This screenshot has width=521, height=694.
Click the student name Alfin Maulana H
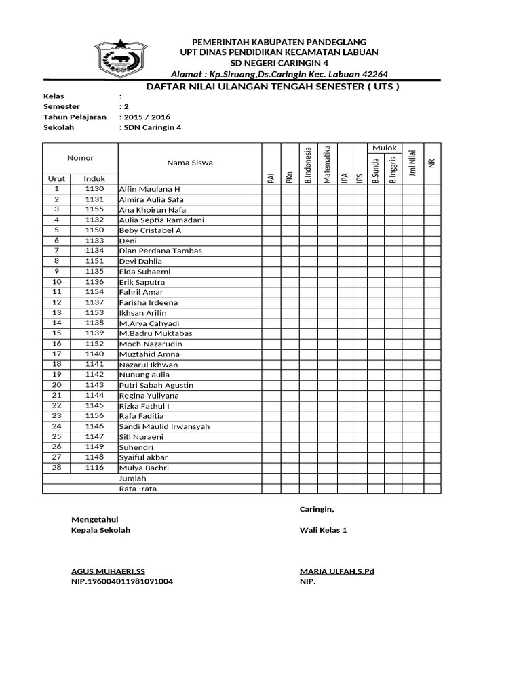(x=150, y=189)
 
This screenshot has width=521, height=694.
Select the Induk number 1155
(x=94, y=209)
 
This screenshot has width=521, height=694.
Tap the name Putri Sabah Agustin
(x=156, y=385)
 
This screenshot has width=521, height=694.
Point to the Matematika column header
(x=328, y=164)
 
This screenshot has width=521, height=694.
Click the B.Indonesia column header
(x=309, y=164)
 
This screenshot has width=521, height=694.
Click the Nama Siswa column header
(x=190, y=163)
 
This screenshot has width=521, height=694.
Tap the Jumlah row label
(x=132, y=478)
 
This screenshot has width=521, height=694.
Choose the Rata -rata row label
(x=137, y=489)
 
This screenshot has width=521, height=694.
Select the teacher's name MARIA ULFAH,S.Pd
(x=336, y=571)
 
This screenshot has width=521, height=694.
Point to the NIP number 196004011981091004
(x=122, y=581)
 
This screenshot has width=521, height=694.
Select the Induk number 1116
(x=94, y=468)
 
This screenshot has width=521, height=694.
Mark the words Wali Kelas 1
(x=323, y=530)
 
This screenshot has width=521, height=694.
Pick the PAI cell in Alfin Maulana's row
(x=271, y=189)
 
